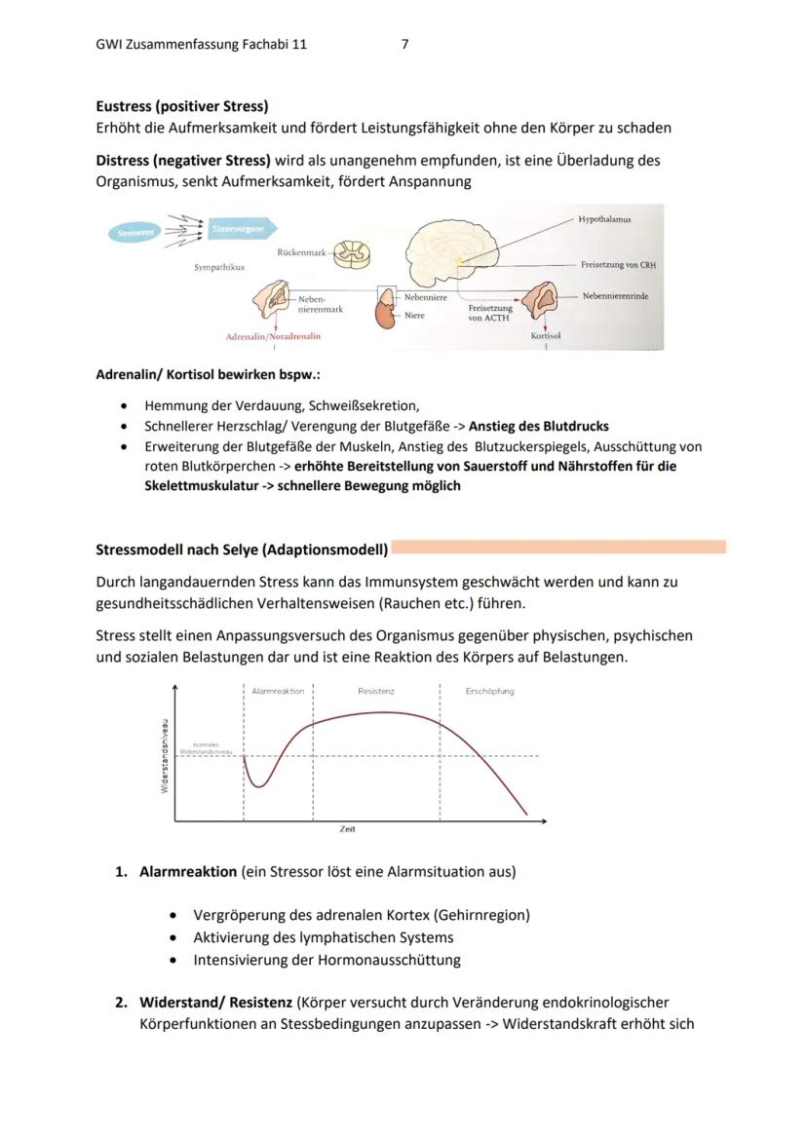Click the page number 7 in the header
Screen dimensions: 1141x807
404,44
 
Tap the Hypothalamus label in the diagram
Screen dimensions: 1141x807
603,219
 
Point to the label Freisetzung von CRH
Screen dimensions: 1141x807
617,265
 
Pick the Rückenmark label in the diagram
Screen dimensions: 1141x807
301,252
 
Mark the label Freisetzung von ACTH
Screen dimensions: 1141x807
489,313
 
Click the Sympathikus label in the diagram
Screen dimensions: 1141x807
219,266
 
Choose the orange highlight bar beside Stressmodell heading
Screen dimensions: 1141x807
557,548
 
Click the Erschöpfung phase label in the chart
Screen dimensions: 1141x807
489,691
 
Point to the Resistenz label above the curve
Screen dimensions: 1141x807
375,691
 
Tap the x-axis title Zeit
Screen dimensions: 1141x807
347,829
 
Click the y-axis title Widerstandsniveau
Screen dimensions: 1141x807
165,755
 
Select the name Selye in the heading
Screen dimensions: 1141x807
239,550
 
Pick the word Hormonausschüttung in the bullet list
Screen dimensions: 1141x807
389,959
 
